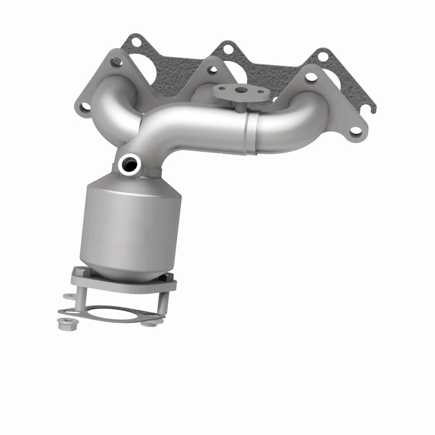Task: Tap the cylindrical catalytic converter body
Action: click(130, 223)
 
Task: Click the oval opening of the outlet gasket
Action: click(111, 313)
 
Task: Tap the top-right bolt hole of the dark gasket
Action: click(323, 55)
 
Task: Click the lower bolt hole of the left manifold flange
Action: click(84, 107)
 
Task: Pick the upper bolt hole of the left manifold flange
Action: click(115, 61)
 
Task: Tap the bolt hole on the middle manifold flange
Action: click(212, 70)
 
